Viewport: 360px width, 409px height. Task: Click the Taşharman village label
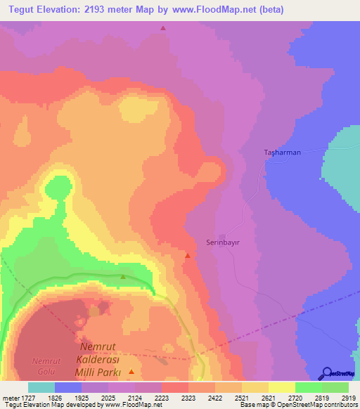(x=282, y=152)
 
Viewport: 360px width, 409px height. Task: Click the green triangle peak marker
(x=123, y=276)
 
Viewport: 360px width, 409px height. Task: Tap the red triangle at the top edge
(x=163, y=28)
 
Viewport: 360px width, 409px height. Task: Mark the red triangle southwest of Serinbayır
(x=187, y=255)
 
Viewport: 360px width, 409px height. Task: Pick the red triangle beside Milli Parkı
(x=131, y=370)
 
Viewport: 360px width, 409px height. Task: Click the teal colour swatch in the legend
(x=41, y=387)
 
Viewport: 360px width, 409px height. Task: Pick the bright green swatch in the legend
(x=308, y=387)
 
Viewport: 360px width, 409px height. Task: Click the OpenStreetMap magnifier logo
(x=327, y=372)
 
